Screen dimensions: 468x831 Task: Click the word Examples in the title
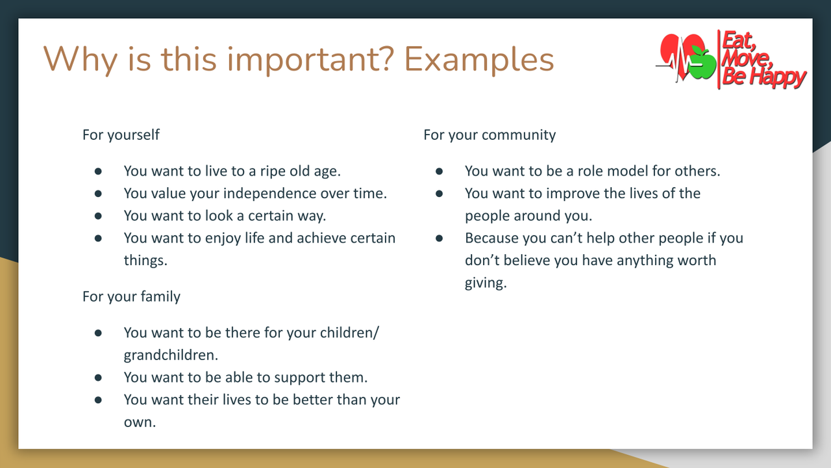click(x=479, y=59)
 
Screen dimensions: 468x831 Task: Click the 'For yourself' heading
click(x=121, y=135)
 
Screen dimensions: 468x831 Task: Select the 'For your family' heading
click(x=131, y=296)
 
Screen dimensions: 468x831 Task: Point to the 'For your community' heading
click(x=490, y=135)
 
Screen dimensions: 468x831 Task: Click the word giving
click(x=484, y=283)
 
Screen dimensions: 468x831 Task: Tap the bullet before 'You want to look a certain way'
click(x=99, y=216)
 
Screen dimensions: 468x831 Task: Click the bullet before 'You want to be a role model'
click(x=440, y=171)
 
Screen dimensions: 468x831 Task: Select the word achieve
click(x=321, y=238)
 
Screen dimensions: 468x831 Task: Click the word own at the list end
click(x=138, y=422)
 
